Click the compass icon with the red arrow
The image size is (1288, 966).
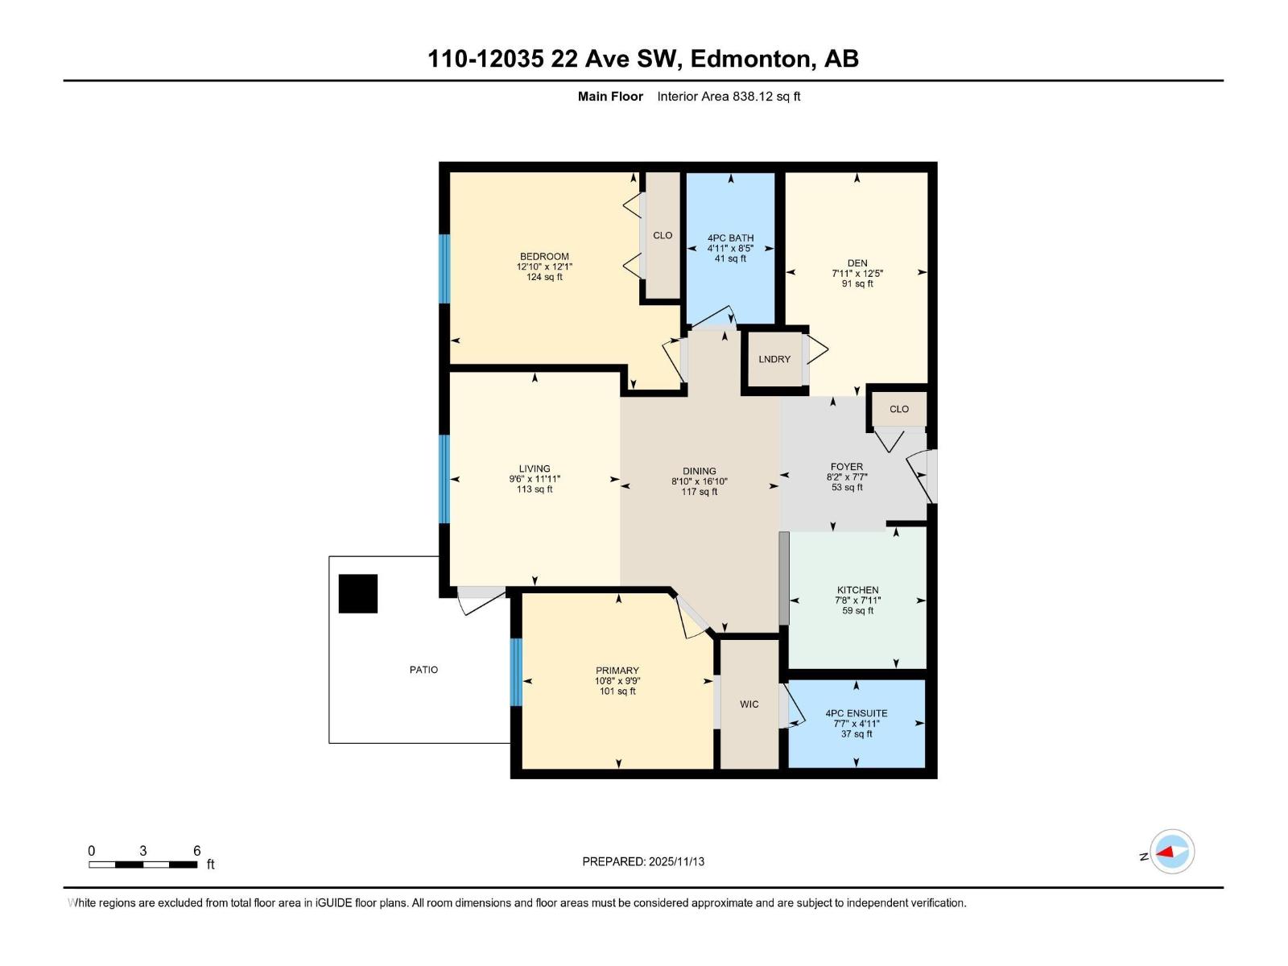pyautogui.click(x=1172, y=852)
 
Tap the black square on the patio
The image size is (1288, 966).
pyautogui.click(x=358, y=594)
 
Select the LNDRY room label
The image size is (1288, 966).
pyautogui.click(x=774, y=359)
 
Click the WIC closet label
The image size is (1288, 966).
pyautogui.click(x=749, y=704)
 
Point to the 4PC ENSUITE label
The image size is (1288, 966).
pyautogui.click(x=857, y=713)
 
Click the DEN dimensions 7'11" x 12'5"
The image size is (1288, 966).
pyautogui.click(x=857, y=274)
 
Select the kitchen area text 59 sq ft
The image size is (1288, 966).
pyautogui.click(x=857, y=611)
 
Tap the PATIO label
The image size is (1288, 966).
pyautogui.click(x=423, y=670)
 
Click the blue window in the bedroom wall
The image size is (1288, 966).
pyautogui.click(x=444, y=269)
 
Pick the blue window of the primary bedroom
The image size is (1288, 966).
pyautogui.click(x=516, y=672)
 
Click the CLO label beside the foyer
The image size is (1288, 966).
pyautogui.click(x=899, y=409)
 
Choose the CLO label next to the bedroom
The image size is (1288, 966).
pyautogui.click(x=663, y=236)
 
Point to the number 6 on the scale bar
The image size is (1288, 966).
pyautogui.click(x=196, y=851)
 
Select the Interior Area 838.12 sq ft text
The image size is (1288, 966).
pyautogui.click(x=729, y=97)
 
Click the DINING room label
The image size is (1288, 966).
pyautogui.click(x=699, y=472)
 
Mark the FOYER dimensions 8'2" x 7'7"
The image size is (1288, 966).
pyautogui.click(x=847, y=477)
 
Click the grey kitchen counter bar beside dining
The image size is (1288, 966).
pyautogui.click(x=784, y=578)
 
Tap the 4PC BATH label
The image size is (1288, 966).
pyautogui.click(x=730, y=238)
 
